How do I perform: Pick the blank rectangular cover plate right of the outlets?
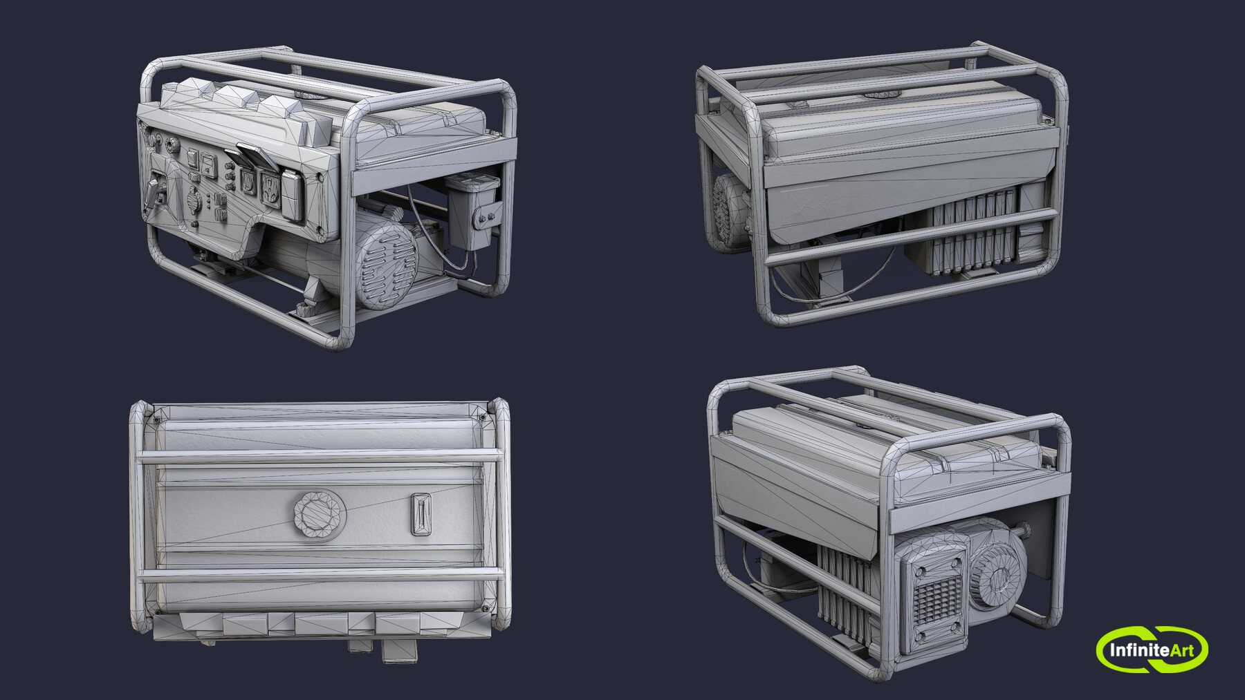coord(293,197)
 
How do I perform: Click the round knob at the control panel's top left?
coord(153,143)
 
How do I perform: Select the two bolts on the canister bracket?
coord(485,218)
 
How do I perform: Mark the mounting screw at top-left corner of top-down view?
coord(156,419)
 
